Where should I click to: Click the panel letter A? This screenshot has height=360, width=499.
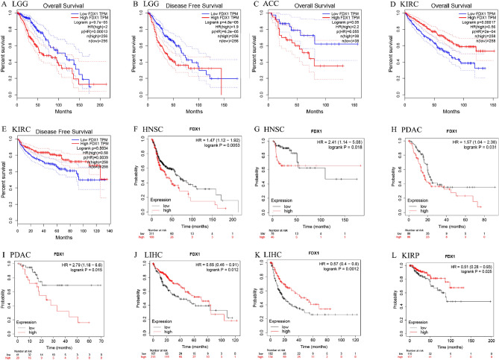click(x=4, y=5)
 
